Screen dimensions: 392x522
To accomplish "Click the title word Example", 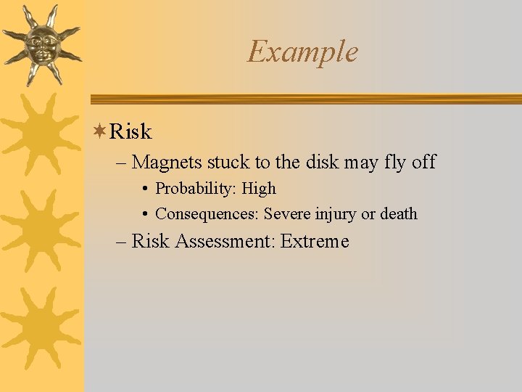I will point(302,52).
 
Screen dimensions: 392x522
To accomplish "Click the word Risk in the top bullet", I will point(130,131).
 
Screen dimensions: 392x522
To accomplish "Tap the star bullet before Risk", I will point(101,131).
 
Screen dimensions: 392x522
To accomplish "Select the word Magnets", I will point(168,162).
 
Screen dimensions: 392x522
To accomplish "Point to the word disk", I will point(323,162).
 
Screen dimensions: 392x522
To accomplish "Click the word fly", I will point(394,162).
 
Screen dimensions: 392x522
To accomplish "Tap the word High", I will point(259,189).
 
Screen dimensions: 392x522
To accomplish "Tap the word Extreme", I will point(314,241).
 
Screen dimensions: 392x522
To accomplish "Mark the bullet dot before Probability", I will point(146,189).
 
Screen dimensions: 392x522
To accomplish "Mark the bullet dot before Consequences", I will point(146,215).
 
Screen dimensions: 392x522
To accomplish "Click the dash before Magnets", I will point(121,163).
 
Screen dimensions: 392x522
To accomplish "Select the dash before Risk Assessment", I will point(121,242).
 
